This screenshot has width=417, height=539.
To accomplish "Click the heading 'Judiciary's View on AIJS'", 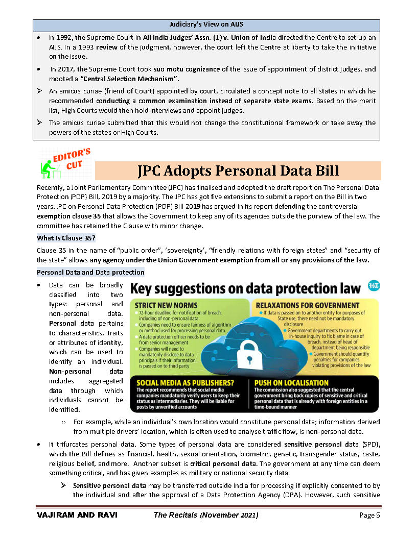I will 206,25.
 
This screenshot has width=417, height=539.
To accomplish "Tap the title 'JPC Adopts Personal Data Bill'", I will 238,170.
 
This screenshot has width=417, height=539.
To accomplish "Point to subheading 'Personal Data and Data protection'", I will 90,272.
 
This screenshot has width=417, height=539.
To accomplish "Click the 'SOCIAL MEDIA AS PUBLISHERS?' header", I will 185,382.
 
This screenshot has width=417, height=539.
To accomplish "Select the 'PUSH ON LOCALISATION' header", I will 291,382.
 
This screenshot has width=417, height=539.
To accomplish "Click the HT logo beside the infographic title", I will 372,287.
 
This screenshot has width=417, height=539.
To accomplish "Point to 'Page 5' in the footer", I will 369,515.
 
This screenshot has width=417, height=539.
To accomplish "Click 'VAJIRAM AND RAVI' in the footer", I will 77,515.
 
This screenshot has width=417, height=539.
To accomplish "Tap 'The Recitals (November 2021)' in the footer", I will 206,515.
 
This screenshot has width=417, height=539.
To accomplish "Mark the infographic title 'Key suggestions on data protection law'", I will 246,288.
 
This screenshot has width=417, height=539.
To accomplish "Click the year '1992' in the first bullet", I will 65,38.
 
